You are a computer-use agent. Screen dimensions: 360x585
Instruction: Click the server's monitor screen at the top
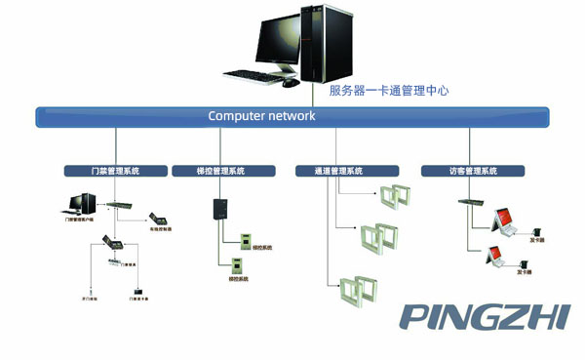pos(282,40)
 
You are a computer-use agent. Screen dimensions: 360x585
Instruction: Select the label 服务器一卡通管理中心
pos(388,91)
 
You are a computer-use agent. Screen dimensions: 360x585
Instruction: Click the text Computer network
pos(261,116)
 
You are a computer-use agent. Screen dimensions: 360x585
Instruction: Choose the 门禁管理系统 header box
pos(101,171)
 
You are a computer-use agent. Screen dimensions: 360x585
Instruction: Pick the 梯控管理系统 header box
pos(208,171)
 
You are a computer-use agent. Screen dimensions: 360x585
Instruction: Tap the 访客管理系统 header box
pos(459,171)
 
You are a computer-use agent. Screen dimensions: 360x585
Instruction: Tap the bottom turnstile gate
pos(358,290)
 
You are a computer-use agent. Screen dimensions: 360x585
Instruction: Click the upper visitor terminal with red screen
pos(504,220)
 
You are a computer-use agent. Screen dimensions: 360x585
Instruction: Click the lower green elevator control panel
pos(234,265)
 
